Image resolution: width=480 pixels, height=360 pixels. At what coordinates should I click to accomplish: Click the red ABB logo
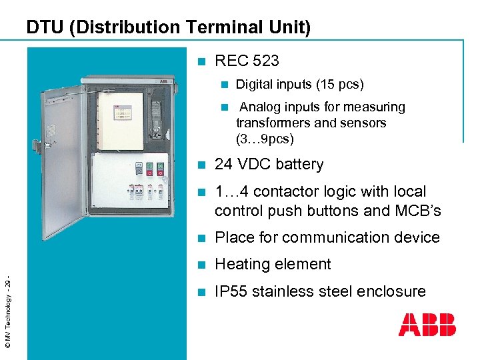pos(427,325)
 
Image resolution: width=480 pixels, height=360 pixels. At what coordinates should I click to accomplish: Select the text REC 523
pos(247,61)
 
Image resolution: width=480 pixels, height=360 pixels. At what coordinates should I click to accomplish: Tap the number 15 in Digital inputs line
pos(327,85)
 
